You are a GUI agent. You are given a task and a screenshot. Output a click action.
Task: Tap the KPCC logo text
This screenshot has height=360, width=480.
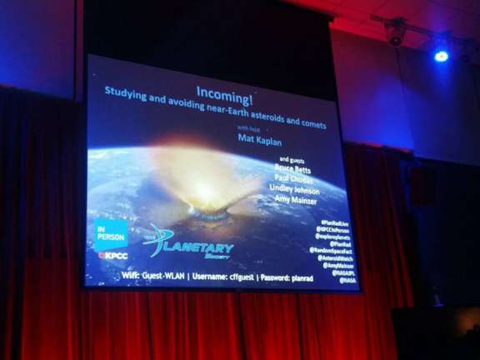click(x=113, y=256)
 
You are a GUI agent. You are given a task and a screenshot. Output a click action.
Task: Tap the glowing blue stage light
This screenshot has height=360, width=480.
click(x=441, y=56)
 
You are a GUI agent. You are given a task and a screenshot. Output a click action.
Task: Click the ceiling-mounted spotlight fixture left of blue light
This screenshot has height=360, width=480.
click(x=395, y=32)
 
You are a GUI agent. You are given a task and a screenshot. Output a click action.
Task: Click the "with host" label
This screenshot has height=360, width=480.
click(x=247, y=127)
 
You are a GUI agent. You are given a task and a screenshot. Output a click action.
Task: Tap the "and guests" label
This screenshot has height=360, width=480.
click(x=291, y=158)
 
